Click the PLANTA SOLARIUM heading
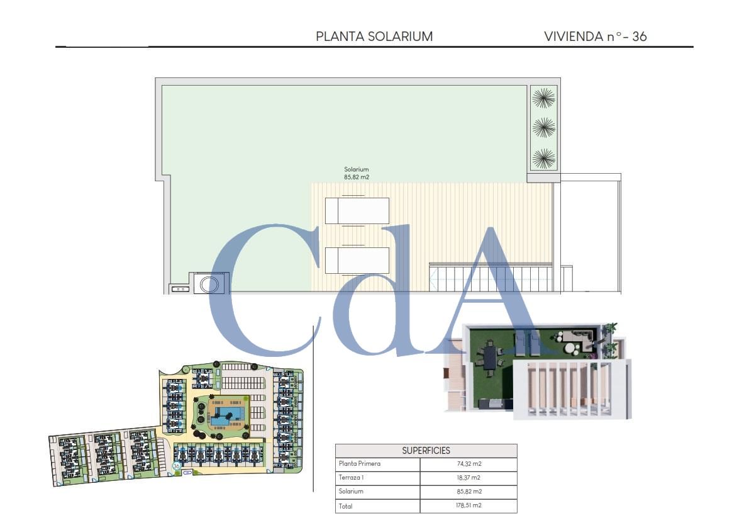pos(374,37)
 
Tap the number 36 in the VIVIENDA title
pos(639,37)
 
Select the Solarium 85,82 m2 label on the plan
pos(356,173)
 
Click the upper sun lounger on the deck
pos(357,210)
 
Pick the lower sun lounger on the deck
pos(357,260)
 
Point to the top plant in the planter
pos(543,98)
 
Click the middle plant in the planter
pos(543,128)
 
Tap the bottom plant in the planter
pos(543,158)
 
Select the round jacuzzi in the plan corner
pos(209,283)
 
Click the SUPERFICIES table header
pos(426,451)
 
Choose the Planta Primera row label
pos(360,464)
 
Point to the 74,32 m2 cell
pos(468,464)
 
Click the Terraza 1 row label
pos(352,478)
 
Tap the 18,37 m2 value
pos(468,478)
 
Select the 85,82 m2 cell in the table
pos(468,492)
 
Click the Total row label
pos(345,505)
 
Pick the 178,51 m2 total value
pos(468,505)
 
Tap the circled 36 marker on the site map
pos(177,466)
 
